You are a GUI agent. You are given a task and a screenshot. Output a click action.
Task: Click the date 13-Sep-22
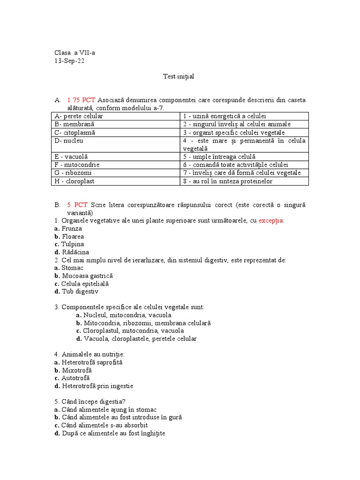(69, 61)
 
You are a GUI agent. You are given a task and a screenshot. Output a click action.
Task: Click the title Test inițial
(178, 76)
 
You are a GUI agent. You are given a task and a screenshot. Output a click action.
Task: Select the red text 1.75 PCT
(81, 100)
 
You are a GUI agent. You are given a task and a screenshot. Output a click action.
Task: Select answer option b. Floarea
(69, 236)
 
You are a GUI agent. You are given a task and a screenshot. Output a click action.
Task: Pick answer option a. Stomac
(68, 268)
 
